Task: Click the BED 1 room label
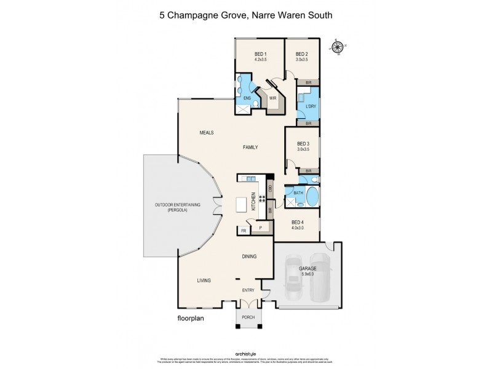tap(260, 54)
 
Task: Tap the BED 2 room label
tap(301, 54)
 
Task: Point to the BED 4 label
tap(297, 222)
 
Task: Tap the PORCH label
tap(249, 318)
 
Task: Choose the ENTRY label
tap(248, 290)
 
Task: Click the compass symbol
tap(337, 47)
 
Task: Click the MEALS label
tap(206, 132)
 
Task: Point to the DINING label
tap(248, 256)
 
